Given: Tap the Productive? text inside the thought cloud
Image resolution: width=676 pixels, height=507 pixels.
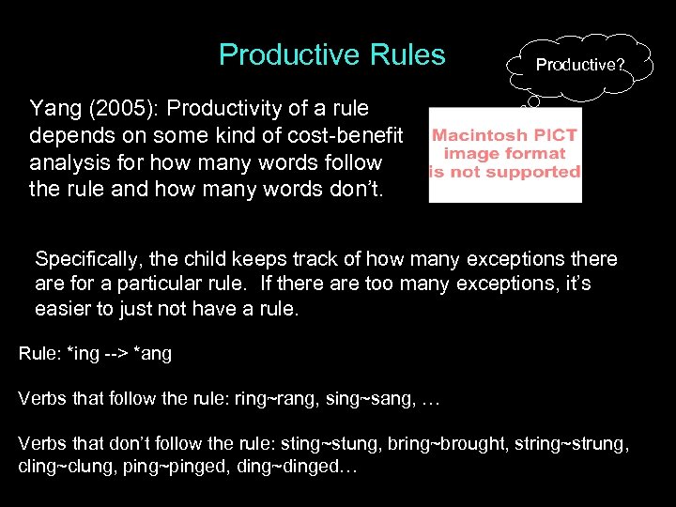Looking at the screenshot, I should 579,66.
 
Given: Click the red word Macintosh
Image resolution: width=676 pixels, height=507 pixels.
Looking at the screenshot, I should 480,135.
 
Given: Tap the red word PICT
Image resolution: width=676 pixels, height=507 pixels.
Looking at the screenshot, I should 557,135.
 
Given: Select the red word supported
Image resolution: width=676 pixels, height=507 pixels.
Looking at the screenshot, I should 540,172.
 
